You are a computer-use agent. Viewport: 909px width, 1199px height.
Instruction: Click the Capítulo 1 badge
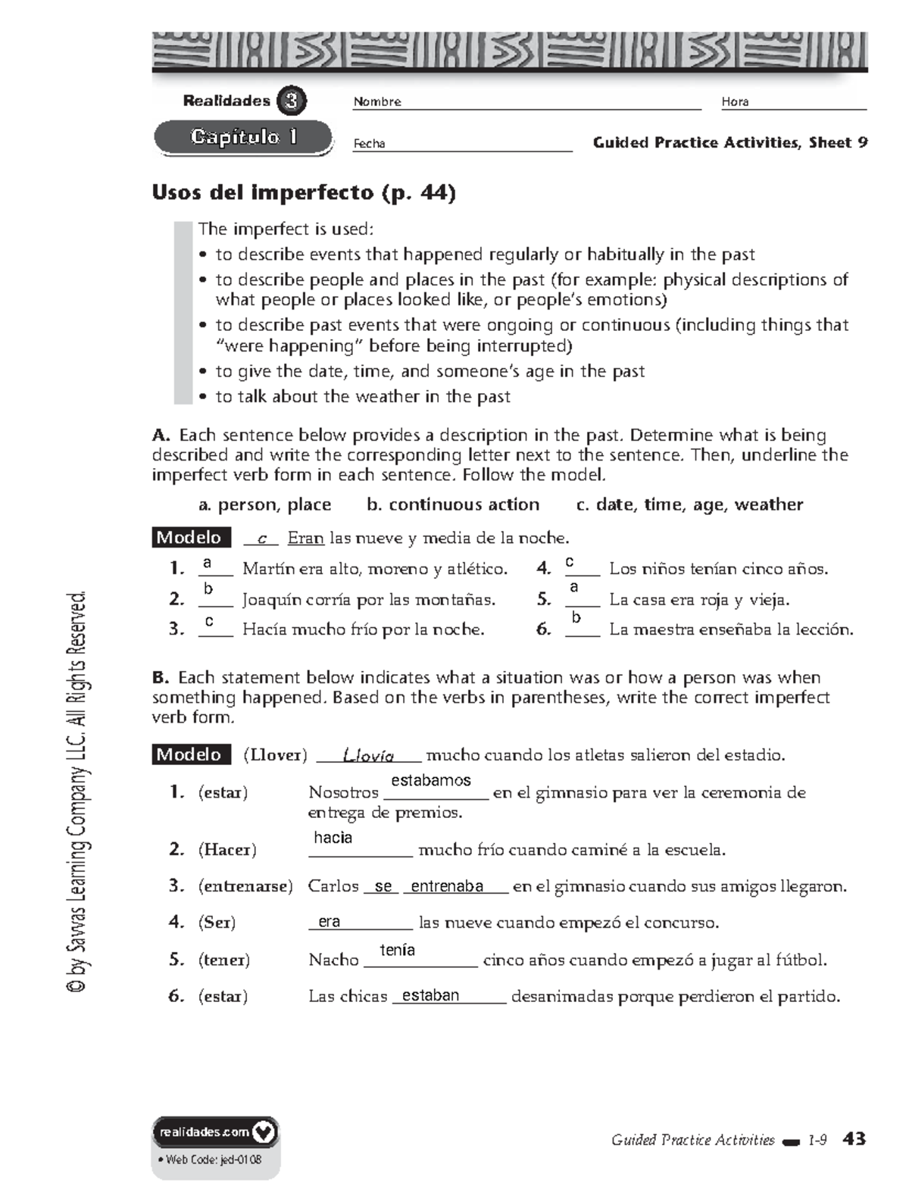pos(243,138)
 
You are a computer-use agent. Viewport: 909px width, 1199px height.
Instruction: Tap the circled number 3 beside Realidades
pos(292,101)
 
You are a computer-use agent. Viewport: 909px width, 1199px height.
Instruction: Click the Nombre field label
pos(377,102)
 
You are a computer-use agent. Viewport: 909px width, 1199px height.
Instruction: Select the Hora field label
pos(735,102)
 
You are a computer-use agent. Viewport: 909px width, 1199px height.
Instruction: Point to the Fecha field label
pos(369,144)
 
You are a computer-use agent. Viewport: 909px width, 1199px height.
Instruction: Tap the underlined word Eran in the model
pos(306,539)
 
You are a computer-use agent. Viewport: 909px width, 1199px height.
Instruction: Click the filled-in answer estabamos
pos(431,780)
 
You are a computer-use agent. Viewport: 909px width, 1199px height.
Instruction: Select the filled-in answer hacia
pos(333,838)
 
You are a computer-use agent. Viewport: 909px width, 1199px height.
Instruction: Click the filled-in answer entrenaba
pos(447,886)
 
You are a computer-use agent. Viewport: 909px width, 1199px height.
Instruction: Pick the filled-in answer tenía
pos(398,950)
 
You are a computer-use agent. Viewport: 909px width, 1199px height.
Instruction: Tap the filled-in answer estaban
pos(430,995)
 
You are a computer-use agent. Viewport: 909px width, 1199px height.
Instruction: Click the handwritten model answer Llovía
pos(369,755)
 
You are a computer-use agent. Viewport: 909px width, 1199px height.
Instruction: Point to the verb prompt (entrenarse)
pos(245,886)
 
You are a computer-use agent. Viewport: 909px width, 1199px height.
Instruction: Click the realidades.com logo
pos(216,1132)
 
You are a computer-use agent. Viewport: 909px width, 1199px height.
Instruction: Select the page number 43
pos(854,1138)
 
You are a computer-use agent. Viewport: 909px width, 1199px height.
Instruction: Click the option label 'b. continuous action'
pos(453,504)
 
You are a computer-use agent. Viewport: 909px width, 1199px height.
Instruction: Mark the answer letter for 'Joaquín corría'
pos(208,589)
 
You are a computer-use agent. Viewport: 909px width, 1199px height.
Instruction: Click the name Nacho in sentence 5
pos(333,960)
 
